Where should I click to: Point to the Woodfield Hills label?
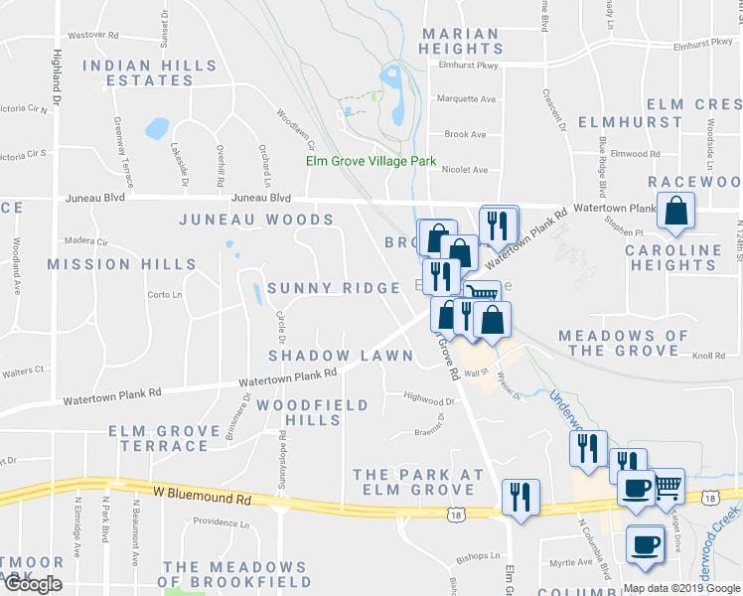pos(313,412)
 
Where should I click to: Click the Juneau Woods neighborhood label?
pos(256,220)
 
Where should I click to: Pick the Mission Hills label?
pos(121,264)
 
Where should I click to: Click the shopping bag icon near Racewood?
pos(675,212)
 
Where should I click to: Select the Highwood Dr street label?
pos(429,401)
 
